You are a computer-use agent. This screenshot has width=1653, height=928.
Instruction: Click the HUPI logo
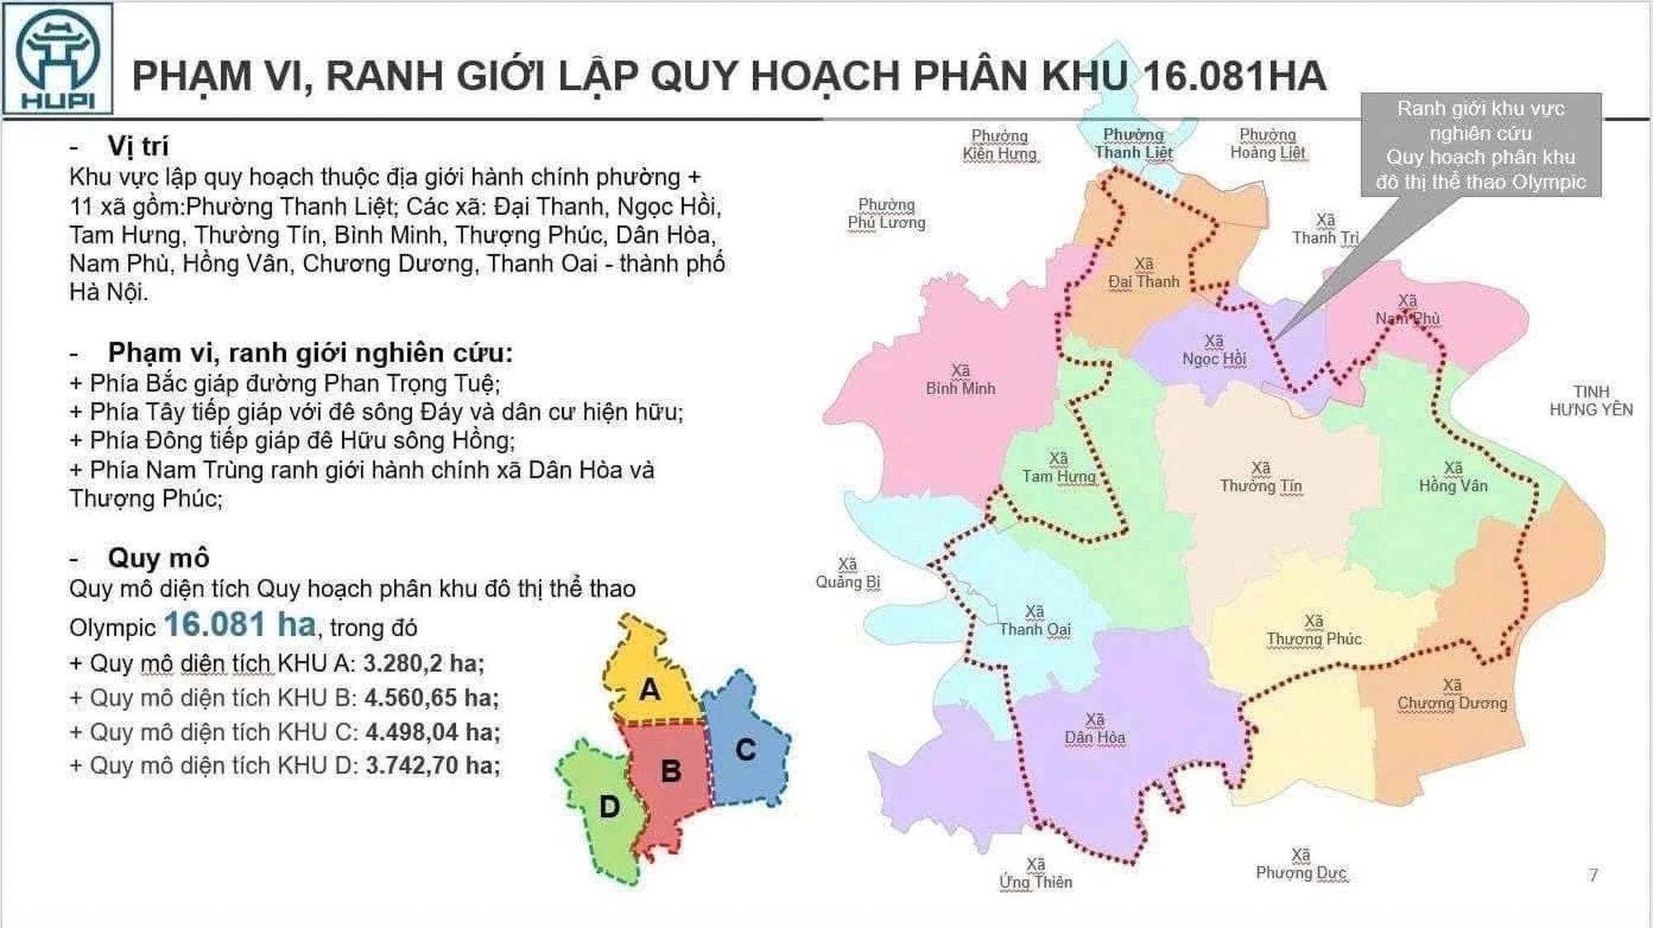click(58, 59)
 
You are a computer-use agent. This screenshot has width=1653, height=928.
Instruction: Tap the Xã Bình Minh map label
click(960, 379)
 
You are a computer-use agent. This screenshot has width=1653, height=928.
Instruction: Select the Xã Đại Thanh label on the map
click(1144, 273)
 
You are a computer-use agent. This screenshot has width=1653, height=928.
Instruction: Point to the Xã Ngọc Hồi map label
click(1213, 350)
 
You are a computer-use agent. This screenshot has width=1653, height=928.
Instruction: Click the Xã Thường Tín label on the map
click(1260, 477)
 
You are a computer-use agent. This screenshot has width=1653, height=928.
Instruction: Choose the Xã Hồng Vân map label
click(1453, 477)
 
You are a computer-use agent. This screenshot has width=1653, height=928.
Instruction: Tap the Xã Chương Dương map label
click(1452, 694)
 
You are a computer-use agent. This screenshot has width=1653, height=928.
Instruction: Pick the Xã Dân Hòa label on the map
click(1094, 729)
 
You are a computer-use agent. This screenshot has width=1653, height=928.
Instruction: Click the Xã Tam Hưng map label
click(1059, 467)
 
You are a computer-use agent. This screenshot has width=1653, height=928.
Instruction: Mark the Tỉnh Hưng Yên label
click(1591, 400)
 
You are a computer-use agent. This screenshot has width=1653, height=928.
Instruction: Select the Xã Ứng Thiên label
click(1036, 873)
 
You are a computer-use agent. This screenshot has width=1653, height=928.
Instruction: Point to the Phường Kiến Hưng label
click(999, 145)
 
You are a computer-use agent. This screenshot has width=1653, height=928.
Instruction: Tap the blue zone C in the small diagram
click(746, 749)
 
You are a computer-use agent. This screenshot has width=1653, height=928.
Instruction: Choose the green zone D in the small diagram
click(609, 807)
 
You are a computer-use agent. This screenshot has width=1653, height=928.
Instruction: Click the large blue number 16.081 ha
click(240, 625)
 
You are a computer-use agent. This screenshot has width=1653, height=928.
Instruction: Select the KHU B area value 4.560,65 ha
click(431, 697)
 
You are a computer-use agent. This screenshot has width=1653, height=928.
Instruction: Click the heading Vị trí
click(137, 146)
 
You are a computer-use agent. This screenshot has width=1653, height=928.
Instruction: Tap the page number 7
click(1593, 874)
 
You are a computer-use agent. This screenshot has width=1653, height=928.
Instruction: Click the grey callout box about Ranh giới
click(1480, 145)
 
